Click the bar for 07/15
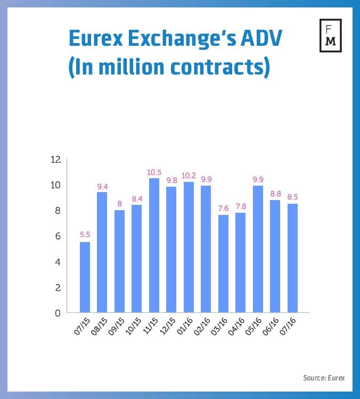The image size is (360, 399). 85,277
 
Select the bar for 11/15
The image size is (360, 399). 154,245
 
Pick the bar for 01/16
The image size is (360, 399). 189,247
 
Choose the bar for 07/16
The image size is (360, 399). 292,258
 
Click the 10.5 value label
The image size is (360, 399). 154,172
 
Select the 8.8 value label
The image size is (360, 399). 275,194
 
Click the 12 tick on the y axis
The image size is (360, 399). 56,160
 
